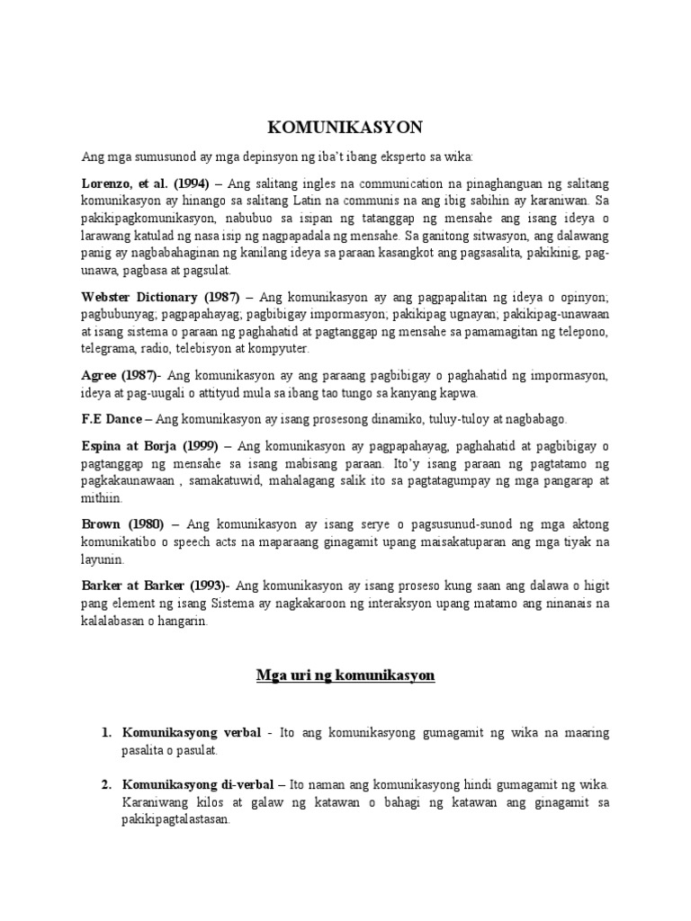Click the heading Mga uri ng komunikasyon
click(345, 675)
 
